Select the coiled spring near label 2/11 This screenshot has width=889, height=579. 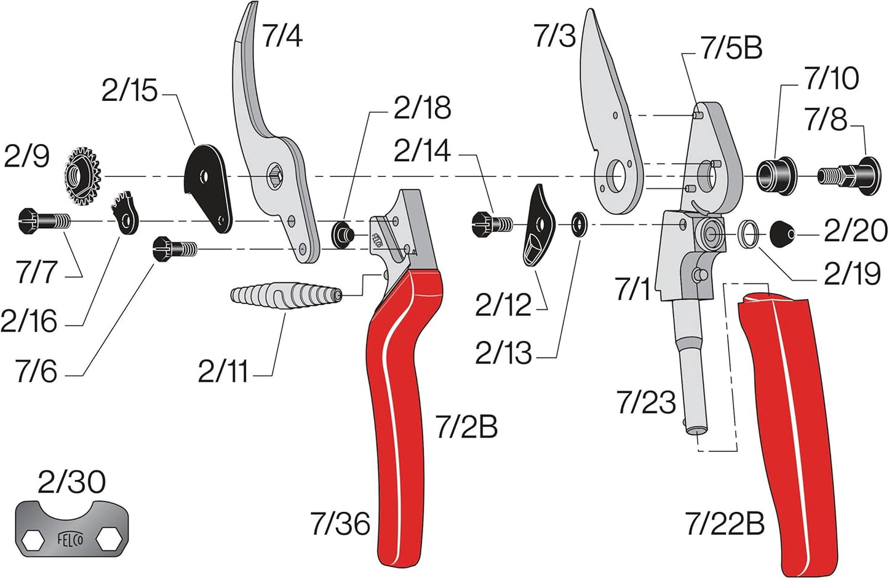pos(286,295)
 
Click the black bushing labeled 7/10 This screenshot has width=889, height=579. pos(775,174)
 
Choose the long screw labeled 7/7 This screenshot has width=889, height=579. pos(43,220)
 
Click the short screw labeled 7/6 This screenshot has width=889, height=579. pos(175,249)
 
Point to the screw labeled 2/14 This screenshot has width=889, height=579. pos(492,223)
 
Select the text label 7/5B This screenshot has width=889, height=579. pos(732,48)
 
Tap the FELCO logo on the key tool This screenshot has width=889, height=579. pos(71,539)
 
